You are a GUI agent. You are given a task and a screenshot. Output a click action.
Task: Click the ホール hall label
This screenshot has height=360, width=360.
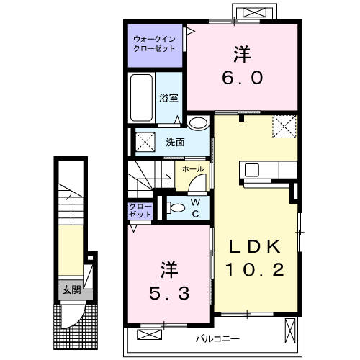[x=192, y=169]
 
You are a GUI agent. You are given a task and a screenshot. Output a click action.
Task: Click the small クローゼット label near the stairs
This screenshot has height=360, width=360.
[x=140, y=210]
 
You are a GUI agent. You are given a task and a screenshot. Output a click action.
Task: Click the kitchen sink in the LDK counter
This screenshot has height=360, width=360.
[x=252, y=171]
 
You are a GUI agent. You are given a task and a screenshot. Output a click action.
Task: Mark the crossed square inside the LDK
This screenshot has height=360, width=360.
[x=284, y=127]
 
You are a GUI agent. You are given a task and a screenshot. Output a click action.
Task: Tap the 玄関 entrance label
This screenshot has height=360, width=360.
[x=71, y=290]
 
